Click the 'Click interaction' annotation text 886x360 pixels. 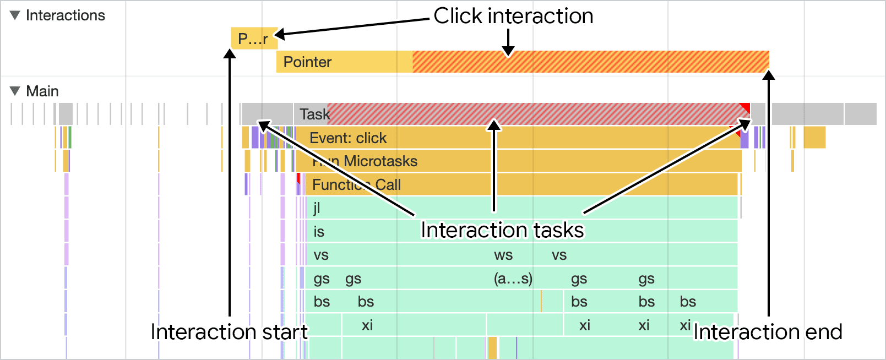point(513,16)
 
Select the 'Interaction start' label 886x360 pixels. point(229,332)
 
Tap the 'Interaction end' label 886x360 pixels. point(768,332)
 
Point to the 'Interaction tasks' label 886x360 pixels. point(502,230)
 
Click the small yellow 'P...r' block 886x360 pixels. point(253,39)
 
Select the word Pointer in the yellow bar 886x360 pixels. point(307,62)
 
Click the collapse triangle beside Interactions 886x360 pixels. point(15,15)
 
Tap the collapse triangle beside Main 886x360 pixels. point(15,91)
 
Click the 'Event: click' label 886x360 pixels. point(348,138)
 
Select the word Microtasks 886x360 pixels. point(381,161)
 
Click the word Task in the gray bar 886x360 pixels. point(314,114)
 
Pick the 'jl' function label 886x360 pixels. point(317,208)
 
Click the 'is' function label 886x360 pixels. point(319,232)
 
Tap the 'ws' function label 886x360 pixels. point(503,255)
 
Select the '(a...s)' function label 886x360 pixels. point(513,279)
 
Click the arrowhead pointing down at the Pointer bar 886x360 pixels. point(508,52)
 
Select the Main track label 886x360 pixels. point(42,91)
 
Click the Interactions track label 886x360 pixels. point(65,15)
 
